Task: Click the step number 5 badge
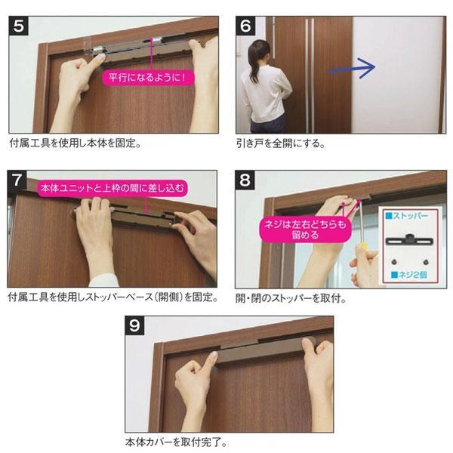pos(18,26)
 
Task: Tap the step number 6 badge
pos(245,26)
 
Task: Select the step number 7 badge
pos(17,180)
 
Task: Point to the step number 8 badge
pos(245,180)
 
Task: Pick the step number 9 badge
pos(134,325)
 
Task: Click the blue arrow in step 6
pos(352,68)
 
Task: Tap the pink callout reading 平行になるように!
pos(148,78)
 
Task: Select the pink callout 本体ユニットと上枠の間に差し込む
pos(112,188)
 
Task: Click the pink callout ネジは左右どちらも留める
pos(305,230)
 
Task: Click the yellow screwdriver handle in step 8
pos(362,248)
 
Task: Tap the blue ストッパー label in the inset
pos(407,216)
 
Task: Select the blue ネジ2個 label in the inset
pos(409,275)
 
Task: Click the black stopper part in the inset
pos(410,240)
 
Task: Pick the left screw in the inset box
pos(394,262)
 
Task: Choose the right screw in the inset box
pos(426,262)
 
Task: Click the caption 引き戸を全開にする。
pos(281,143)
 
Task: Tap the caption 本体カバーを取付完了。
pos(176,442)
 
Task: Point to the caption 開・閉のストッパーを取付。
pos(291,298)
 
